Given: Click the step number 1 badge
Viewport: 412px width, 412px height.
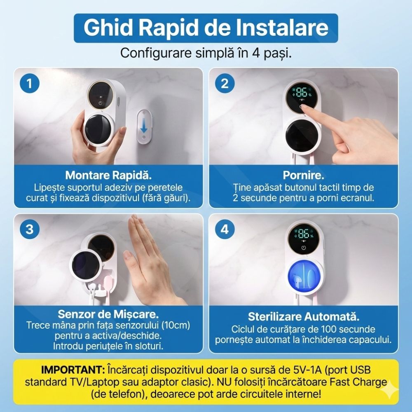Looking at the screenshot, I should coord(30,84).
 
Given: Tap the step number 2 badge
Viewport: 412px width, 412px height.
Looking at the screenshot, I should coord(225,84).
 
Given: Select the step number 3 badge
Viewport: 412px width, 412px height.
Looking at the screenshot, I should coord(30,229).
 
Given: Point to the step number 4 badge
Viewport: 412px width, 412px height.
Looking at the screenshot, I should coord(225,229).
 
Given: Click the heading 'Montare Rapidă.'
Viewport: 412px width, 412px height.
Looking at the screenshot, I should coord(108,175).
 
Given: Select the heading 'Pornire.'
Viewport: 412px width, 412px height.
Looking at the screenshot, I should coord(303,175).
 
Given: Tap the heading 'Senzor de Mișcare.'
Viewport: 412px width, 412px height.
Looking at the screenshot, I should coord(108,314).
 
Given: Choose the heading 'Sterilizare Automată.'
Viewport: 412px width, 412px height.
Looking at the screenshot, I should coord(303,317).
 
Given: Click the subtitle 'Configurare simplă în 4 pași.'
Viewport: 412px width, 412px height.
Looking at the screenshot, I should coord(206,53).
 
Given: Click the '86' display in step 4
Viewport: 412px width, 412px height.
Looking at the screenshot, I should coord(303,234).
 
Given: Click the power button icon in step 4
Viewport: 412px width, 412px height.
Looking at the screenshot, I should coord(303,248).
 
